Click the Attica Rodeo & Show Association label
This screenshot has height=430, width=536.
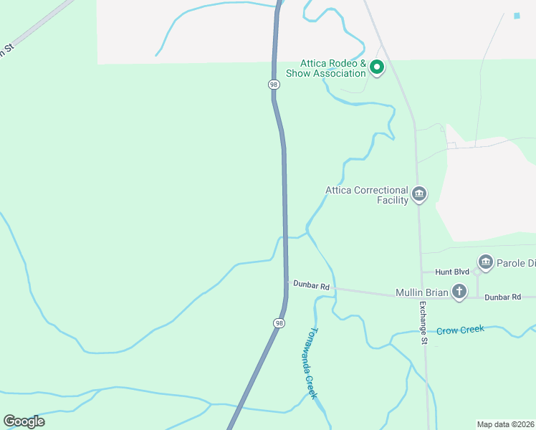tap(326, 68)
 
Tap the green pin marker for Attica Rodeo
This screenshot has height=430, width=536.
tap(377, 68)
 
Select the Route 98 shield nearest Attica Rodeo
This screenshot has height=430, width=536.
tap(274, 85)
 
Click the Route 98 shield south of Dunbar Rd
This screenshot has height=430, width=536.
tap(278, 323)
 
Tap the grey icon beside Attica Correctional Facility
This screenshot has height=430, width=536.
tap(419, 193)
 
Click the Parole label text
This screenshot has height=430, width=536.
tap(517, 263)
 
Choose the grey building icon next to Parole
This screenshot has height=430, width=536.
tap(486, 262)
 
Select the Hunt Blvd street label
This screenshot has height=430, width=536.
tap(451, 272)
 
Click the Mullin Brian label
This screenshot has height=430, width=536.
tap(421, 292)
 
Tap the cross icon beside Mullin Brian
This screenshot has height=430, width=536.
tap(459, 291)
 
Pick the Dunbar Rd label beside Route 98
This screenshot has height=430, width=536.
tap(311, 286)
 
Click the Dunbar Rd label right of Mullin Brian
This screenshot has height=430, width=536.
tap(503, 297)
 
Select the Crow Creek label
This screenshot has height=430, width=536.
tap(461, 330)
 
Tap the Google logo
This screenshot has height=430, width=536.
tap(24, 421)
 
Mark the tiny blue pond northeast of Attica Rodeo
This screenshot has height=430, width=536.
tap(517, 16)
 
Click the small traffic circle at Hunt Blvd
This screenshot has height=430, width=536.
tap(477, 272)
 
